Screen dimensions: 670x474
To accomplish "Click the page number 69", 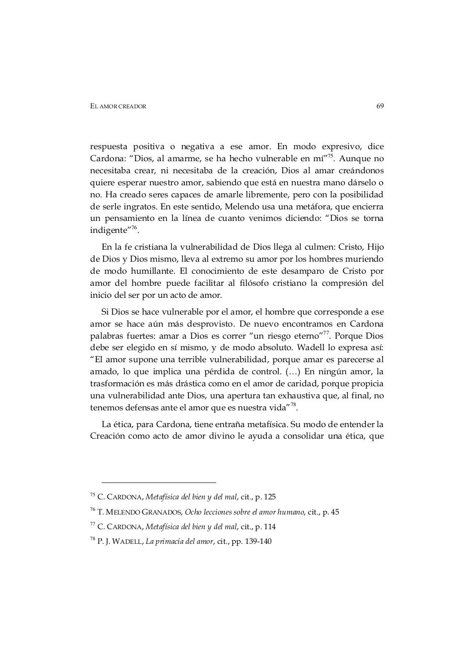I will [x=380, y=106].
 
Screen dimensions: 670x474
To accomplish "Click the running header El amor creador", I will [x=118, y=107].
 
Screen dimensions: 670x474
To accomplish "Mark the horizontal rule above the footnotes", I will [x=159, y=482].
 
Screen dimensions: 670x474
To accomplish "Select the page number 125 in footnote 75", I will [x=269, y=497].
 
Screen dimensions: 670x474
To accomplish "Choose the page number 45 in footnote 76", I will [x=334, y=512].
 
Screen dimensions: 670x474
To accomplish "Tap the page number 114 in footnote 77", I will [x=269, y=527].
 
